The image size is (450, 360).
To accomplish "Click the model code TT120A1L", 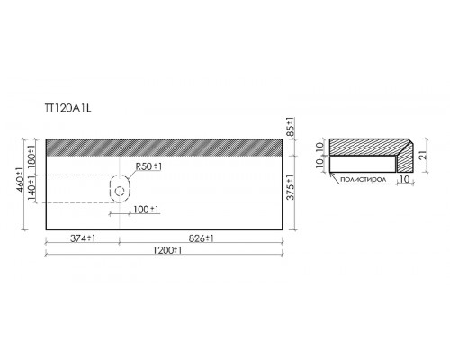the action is point(67,108).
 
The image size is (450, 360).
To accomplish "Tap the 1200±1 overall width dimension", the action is point(167,250).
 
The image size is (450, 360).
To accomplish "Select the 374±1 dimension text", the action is point(83,238).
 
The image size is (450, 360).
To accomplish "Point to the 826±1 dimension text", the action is point(202,238).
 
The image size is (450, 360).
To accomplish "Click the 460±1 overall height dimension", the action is point(20,180).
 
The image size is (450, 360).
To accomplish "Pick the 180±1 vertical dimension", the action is point(31,157).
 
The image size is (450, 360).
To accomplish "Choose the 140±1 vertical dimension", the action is point(31,189).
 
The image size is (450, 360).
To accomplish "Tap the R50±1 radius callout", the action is point(148,166).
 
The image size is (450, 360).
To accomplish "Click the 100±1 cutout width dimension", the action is point(146,210).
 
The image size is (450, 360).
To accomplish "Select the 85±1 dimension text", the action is point(291,127).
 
